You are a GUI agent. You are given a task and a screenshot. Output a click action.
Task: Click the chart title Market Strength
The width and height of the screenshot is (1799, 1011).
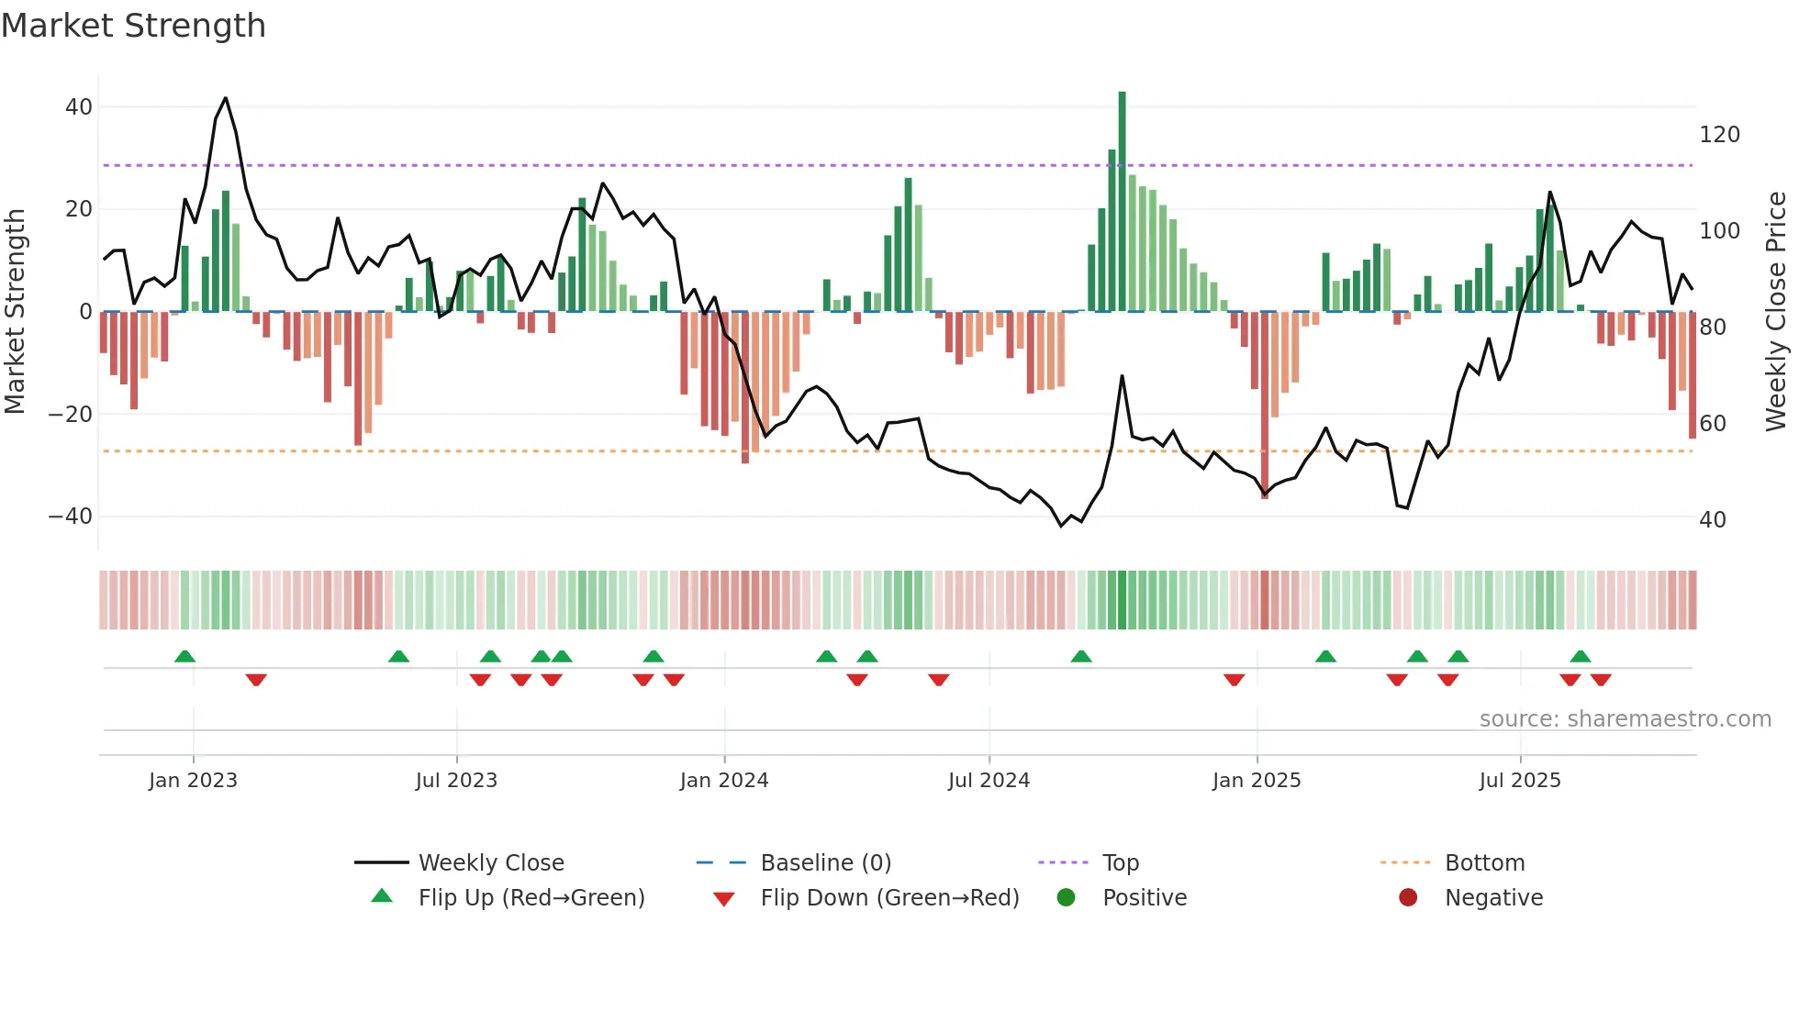pyautogui.click(x=133, y=26)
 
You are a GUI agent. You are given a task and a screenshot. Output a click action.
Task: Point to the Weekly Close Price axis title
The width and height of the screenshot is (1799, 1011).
pyautogui.click(x=1776, y=312)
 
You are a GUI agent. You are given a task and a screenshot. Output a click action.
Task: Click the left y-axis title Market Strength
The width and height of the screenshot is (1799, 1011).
pyautogui.click(x=15, y=312)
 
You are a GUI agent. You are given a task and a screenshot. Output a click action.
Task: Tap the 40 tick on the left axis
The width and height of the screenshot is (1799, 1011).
pyautogui.click(x=79, y=107)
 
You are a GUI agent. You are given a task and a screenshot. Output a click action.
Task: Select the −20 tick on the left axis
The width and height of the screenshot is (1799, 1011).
pyautogui.click(x=71, y=415)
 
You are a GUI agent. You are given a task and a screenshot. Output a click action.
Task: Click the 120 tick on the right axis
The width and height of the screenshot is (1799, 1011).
pyautogui.click(x=1719, y=135)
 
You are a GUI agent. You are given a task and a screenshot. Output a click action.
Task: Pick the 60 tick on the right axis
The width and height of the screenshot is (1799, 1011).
pyautogui.click(x=1712, y=424)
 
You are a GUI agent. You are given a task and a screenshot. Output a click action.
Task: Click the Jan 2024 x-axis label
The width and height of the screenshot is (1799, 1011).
pyautogui.click(x=723, y=781)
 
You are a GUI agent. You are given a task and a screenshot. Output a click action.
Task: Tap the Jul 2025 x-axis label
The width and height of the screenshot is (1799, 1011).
pyautogui.click(x=1519, y=781)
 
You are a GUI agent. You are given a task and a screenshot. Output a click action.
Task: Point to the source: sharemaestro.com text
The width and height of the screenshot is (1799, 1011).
pyautogui.click(x=1625, y=719)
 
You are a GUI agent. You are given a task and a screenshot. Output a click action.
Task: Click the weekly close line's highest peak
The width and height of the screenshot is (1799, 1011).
pyautogui.click(x=226, y=98)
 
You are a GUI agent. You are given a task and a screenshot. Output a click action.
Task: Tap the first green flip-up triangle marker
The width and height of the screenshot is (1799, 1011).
pyautogui.click(x=184, y=657)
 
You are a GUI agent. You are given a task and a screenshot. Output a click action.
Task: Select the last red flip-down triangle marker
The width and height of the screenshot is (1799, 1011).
pyautogui.click(x=1601, y=680)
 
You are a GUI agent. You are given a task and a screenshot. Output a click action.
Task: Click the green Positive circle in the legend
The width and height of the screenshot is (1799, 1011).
pyautogui.click(x=1066, y=898)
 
